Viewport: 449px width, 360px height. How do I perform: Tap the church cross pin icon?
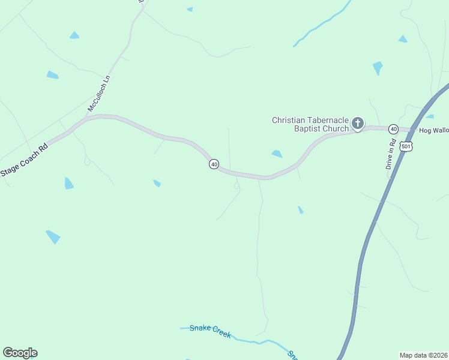(357, 124)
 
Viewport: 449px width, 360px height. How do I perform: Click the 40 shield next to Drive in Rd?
(393, 129)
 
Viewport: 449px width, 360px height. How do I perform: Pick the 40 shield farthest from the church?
(214, 164)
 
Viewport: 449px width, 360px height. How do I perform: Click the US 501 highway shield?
(406, 146)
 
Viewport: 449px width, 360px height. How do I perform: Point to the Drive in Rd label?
(390, 154)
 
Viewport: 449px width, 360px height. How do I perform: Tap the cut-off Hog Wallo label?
(433, 130)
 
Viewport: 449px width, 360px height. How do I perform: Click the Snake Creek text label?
(210, 331)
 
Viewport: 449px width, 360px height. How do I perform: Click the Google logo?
(20, 353)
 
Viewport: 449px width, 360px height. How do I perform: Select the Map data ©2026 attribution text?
(423, 355)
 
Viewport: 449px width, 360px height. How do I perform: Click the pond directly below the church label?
(277, 154)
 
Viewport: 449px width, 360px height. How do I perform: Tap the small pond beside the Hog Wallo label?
(430, 116)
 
